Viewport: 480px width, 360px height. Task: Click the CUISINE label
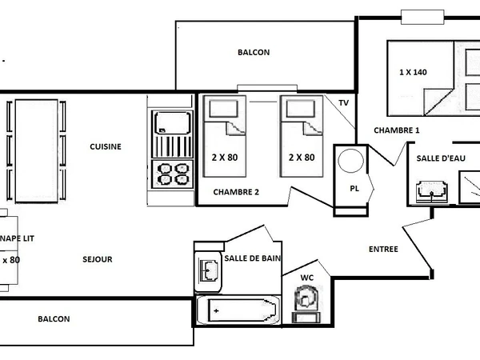point(106,146)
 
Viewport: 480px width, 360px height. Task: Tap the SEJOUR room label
point(98,259)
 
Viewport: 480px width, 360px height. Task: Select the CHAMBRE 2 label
point(236,192)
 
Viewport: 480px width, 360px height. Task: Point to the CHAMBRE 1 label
point(396,130)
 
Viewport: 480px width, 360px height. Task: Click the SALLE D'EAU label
point(440,158)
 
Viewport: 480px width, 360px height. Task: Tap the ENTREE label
point(383,249)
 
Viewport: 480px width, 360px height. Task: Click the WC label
point(306,278)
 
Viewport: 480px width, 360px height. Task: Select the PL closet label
point(354,189)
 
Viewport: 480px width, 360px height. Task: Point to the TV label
point(343,103)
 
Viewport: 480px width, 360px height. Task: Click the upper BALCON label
point(254,53)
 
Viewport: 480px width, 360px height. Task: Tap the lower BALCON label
point(54,319)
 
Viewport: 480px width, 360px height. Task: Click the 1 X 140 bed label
point(413,72)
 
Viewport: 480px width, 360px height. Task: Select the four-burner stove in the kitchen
point(173,173)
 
